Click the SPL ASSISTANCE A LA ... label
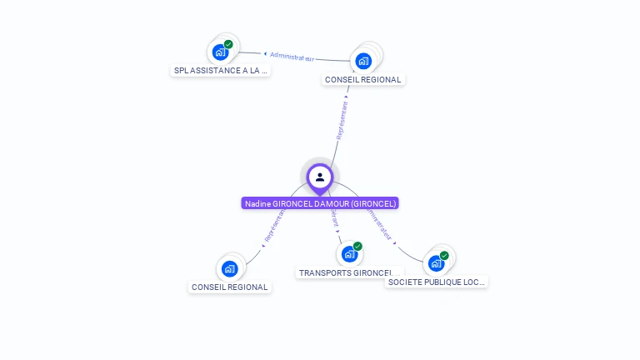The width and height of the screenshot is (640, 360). click(x=221, y=71)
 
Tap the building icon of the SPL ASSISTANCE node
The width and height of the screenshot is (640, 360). click(x=220, y=52)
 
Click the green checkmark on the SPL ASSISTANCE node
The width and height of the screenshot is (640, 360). click(x=228, y=44)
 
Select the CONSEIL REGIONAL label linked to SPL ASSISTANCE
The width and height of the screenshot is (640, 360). click(x=362, y=80)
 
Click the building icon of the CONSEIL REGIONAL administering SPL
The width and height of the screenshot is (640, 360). click(x=363, y=61)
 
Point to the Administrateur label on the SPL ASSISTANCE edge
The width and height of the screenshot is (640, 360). click(x=292, y=57)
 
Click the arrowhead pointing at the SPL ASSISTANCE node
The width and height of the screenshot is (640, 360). click(x=264, y=54)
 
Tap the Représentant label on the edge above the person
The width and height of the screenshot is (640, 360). click(x=342, y=119)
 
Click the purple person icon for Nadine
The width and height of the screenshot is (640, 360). click(x=320, y=177)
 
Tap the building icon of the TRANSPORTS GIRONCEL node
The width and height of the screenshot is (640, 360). click(x=349, y=254)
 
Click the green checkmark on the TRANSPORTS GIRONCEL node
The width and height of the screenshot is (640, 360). click(x=357, y=246)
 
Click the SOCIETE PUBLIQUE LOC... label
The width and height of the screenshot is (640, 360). click(x=436, y=282)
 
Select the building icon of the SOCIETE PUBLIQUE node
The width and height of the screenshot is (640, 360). click(x=436, y=264)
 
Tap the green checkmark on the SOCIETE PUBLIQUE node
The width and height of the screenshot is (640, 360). click(x=444, y=256)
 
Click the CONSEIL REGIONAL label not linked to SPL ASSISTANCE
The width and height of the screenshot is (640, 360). click(x=230, y=287)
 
